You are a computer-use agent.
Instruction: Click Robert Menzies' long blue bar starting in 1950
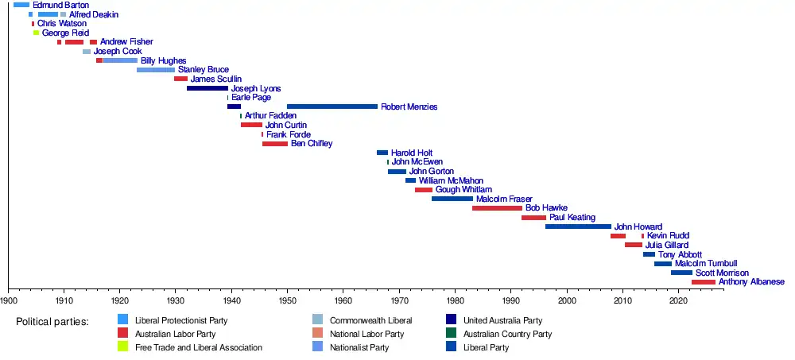[x=332, y=106]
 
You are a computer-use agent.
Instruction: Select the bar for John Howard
[x=579, y=226]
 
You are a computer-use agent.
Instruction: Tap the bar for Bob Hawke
[x=497, y=208]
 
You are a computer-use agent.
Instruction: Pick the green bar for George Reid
[x=36, y=33]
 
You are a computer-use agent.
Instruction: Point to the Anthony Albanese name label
[x=751, y=282]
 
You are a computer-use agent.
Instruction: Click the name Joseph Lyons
[x=256, y=88]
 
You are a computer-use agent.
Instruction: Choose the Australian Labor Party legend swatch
[x=122, y=333]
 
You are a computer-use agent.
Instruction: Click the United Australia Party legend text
[x=502, y=320]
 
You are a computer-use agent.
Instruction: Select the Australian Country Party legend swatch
[x=451, y=333]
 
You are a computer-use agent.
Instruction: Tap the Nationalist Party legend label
[x=359, y=348]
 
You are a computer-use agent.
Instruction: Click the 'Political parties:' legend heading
[x=52, y=323]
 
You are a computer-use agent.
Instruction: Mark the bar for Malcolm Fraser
[x=452, y=199]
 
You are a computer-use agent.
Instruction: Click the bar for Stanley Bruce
[x=156, y=69]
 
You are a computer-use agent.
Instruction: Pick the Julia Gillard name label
[x=667, y=245]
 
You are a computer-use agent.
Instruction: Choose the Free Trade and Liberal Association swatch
[x=122, y=347]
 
